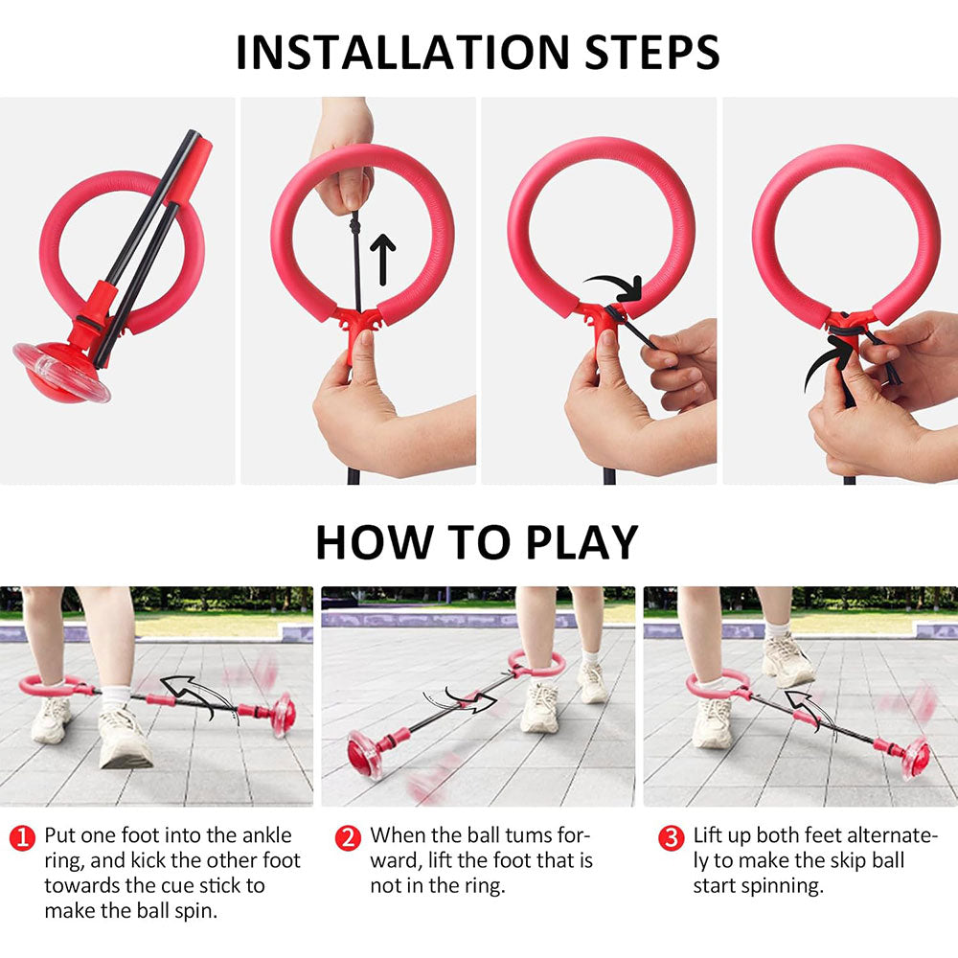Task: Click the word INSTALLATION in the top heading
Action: point(402,52)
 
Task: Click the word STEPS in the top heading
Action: point(651,52)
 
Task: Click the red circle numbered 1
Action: point(23,837)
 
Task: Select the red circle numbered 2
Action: point(348,837)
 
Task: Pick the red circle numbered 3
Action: point(671,837)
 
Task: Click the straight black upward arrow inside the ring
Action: point(383,259)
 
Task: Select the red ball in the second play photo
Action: point(364,754)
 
